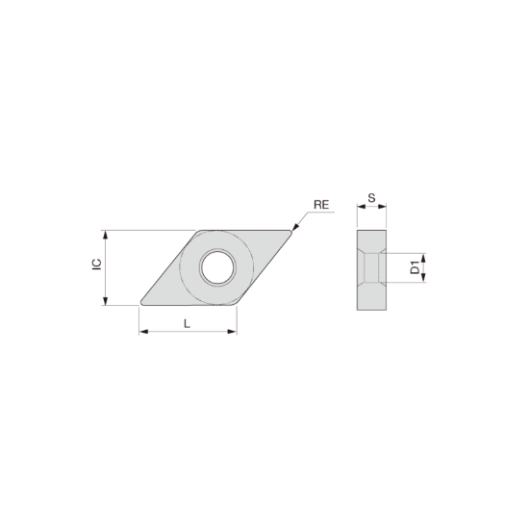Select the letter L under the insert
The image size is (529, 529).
click(x=187, y=323)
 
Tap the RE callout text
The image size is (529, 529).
click(x=321, y=205)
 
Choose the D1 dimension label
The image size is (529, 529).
click(x=415, y=267)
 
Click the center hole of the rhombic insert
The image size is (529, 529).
click(x=216, y=267)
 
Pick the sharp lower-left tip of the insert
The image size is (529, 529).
click(x=141, y=304)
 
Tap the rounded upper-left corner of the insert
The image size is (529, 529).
click(x=199, y=233)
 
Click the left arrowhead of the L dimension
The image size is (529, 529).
click(x=143, y=332)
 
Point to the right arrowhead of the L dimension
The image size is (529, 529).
click(x=233, y=332)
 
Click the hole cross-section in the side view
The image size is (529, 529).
click(x=372, y=267)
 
